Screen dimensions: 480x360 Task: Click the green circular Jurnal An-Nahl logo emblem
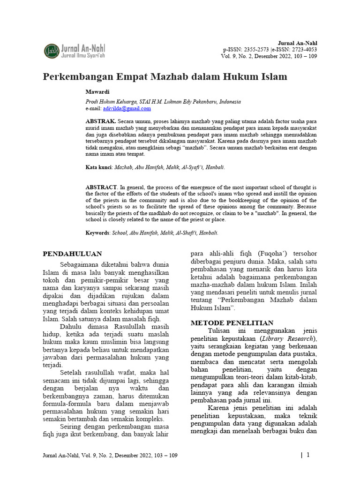[x=52, y=51]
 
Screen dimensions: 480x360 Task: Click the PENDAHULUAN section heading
[x=72, y=254]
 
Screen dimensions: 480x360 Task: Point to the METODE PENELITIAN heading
[x=232, y=323]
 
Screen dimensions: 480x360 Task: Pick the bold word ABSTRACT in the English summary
[x=101, y=187]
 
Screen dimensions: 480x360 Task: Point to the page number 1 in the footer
[x=308, y=455]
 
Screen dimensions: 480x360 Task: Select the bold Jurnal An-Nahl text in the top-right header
[x=298, y=43]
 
